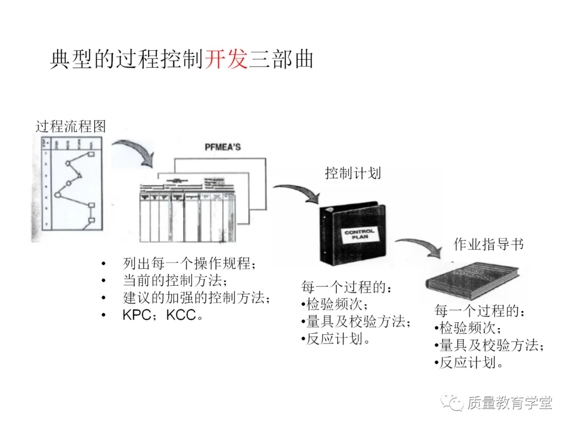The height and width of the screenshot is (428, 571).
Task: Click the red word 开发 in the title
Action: tap(226, 59)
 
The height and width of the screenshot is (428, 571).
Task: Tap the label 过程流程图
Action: tap(71, 126)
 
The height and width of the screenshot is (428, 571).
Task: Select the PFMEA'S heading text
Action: tap(222, 146)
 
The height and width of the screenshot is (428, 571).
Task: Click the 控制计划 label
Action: tap(353, 173)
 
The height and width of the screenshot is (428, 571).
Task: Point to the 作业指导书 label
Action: tap(489, 245)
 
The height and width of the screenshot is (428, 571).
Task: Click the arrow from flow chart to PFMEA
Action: tap(132, 150)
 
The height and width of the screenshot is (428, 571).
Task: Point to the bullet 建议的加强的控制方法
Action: tap(196, 297)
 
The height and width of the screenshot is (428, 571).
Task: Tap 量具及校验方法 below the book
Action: tap(491, 346)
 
